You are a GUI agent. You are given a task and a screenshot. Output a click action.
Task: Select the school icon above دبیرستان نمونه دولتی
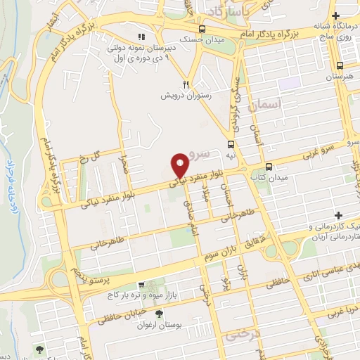click(x=141, y=37)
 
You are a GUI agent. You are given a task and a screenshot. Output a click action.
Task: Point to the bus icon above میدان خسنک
click(x=202, y=29)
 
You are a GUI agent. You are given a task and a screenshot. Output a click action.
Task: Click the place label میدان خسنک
click(x=202, y=40)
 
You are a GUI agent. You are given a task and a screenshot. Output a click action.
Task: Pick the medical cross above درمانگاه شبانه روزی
click(x=335, y=15)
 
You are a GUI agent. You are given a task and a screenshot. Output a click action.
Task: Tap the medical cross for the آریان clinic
click(x=338, y=215)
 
